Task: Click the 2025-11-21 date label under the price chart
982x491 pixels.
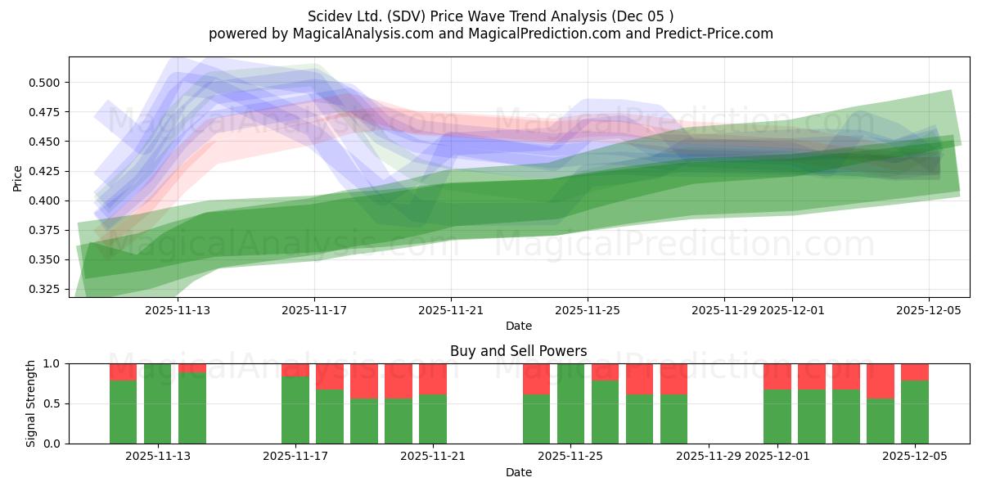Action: pos(451,311)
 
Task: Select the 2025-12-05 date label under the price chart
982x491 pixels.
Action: pos(928,311)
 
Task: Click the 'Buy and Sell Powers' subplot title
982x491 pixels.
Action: pos(518,351)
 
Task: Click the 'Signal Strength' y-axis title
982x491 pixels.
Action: pos(31,403)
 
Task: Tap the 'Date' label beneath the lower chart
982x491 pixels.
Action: pos(518,472)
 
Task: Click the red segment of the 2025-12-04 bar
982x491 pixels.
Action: pos(881,381)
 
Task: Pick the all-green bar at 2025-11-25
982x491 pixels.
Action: pos(571,403)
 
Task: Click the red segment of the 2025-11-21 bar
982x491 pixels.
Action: pos(433,379)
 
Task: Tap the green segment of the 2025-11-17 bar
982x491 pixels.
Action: pos(295,409)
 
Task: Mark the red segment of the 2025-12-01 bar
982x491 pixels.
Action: pos(777,376)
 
